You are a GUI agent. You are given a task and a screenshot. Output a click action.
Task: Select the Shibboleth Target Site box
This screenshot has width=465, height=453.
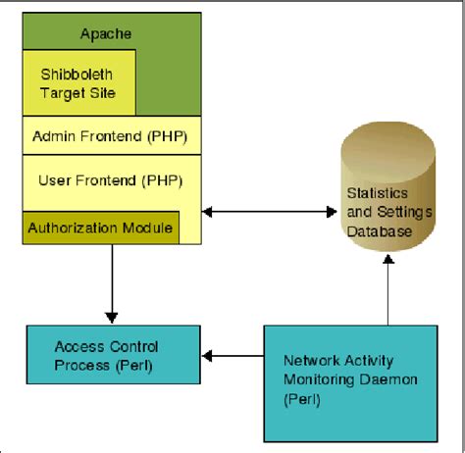click(x=78, y=82)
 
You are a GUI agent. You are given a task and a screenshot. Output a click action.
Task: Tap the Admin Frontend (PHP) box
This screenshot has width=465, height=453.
click(x=110, y=134)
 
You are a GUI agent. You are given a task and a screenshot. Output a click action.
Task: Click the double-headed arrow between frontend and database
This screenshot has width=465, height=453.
click(x=264, y=210)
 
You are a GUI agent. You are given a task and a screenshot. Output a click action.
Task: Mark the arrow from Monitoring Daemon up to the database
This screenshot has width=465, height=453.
click(x=388, y=294)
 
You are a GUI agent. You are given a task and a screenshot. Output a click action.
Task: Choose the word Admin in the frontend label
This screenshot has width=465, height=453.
click(x=54, y=134)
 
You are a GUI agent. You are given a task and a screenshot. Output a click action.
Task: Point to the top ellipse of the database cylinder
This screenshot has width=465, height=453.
click(x=388, y=137)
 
